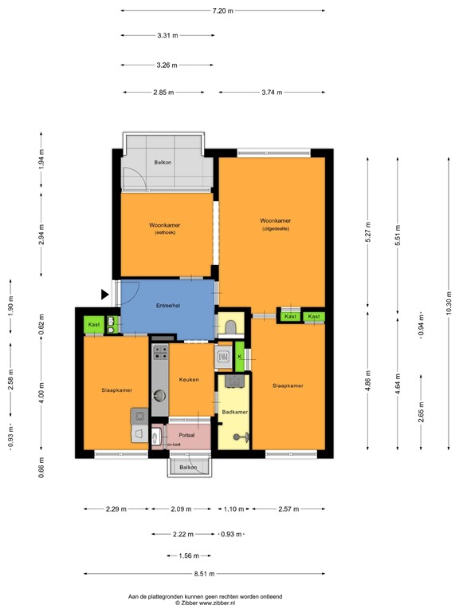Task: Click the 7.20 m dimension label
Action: [x=223, y=11]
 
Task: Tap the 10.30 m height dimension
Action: [x=449, y=304]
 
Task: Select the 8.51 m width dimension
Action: [x=204, y=574]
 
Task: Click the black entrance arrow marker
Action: [x=105, y=295]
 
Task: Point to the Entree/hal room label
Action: [x=168, y=306]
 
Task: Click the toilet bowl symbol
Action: [x=230, y=326]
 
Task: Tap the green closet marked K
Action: [x=239, y=357]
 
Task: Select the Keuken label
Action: [x=189, y=380]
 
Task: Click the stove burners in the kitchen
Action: [x=159, y=353]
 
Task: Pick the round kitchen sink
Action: [x=159, y=396]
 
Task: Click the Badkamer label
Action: [x=234, y=412]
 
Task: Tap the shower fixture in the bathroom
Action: [x=241, y=437]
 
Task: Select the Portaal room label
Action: [x=186, y=435]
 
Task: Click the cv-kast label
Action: [x=174, y=445]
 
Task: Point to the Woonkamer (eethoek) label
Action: [x=165, y=228]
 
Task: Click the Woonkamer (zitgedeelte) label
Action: [x=276, y=224]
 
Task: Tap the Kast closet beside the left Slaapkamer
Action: [x=94, y=325]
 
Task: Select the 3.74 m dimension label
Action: [x=272, y=93]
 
